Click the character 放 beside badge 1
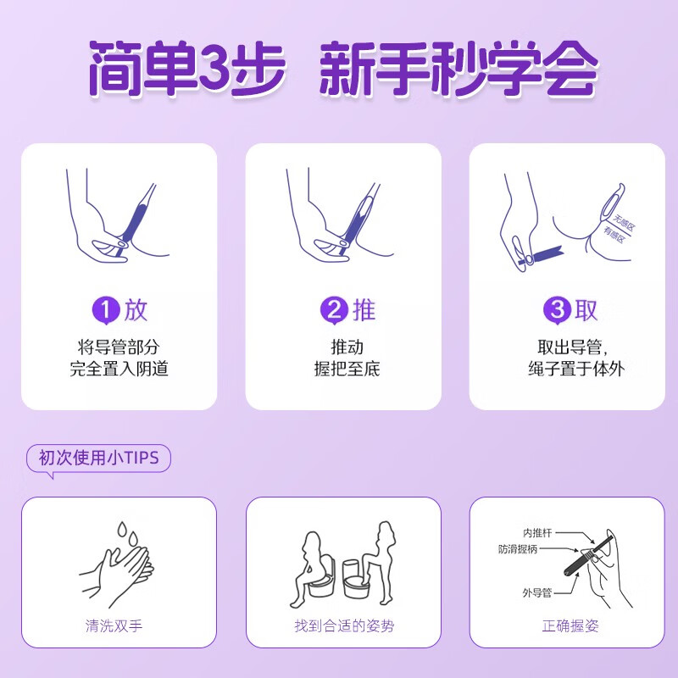click(x=136, y=310)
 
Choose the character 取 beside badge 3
click(x=586, y=310)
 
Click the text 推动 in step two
click(x=342, y=347)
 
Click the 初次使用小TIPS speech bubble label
click(x=98, y=458)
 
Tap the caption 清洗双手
click(x=119, y=626)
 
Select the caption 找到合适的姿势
click(x=342, y=626)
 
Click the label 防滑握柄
click(x=521, y=550)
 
